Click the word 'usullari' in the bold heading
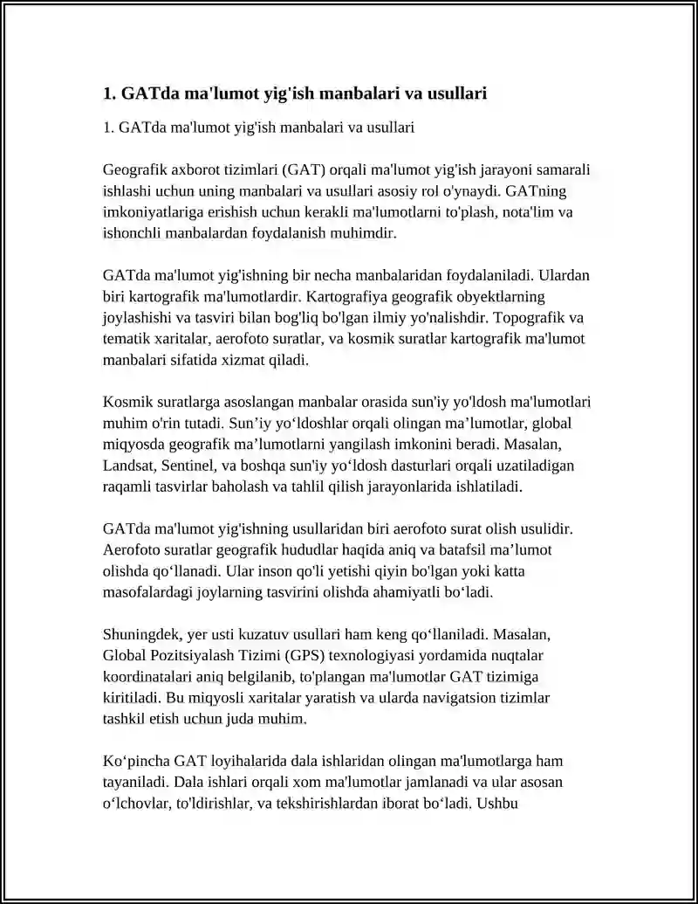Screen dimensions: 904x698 pyautogui.click(x=455, y=93)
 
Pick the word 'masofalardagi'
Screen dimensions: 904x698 pyautogui.click(x=144, y=591)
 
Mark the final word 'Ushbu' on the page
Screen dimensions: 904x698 pyautogui.click(x=499, y=802)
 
